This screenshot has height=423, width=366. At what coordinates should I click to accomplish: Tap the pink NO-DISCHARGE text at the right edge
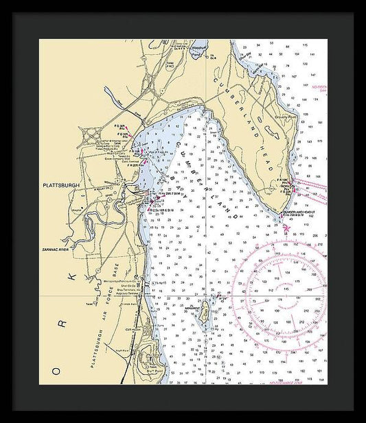(x=320, y=88)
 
